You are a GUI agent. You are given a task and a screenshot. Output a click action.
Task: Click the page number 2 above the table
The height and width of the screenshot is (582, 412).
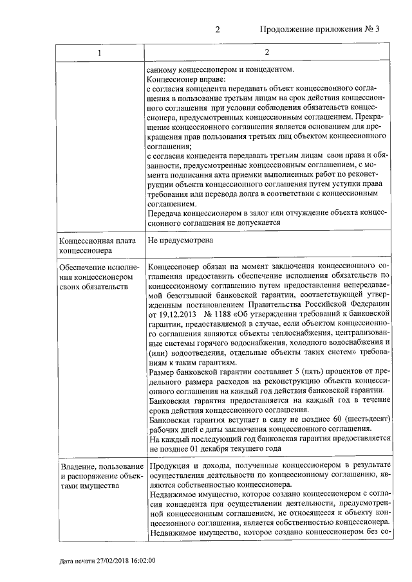click(x=217, y=30)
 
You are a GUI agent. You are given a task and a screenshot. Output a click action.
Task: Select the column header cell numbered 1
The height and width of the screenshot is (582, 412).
click(x=99, y=52)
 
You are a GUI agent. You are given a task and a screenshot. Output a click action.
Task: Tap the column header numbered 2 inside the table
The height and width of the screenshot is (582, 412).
click(x=267, y=52)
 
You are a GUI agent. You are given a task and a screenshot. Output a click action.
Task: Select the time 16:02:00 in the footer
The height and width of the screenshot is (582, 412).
click(x=143, y=560)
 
